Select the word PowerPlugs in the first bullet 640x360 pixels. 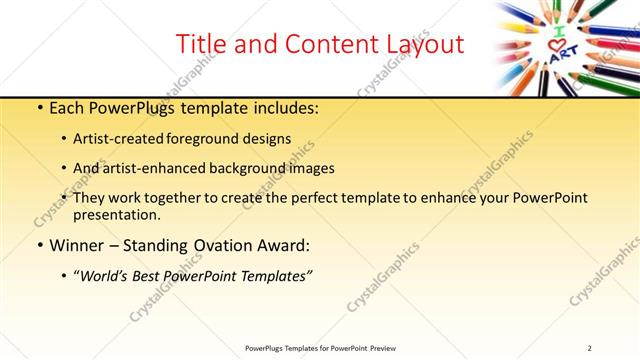coord(127,106)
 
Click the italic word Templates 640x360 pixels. coord(271,276)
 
